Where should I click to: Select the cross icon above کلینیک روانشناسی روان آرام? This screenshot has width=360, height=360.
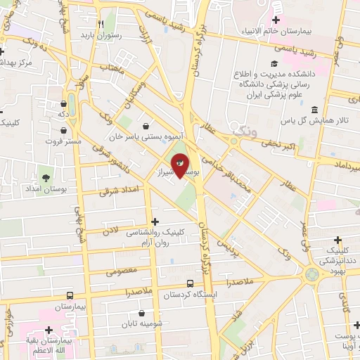155,221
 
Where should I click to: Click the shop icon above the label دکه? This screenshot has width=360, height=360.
63,102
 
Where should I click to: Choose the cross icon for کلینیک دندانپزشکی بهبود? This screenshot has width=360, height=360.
339,240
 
